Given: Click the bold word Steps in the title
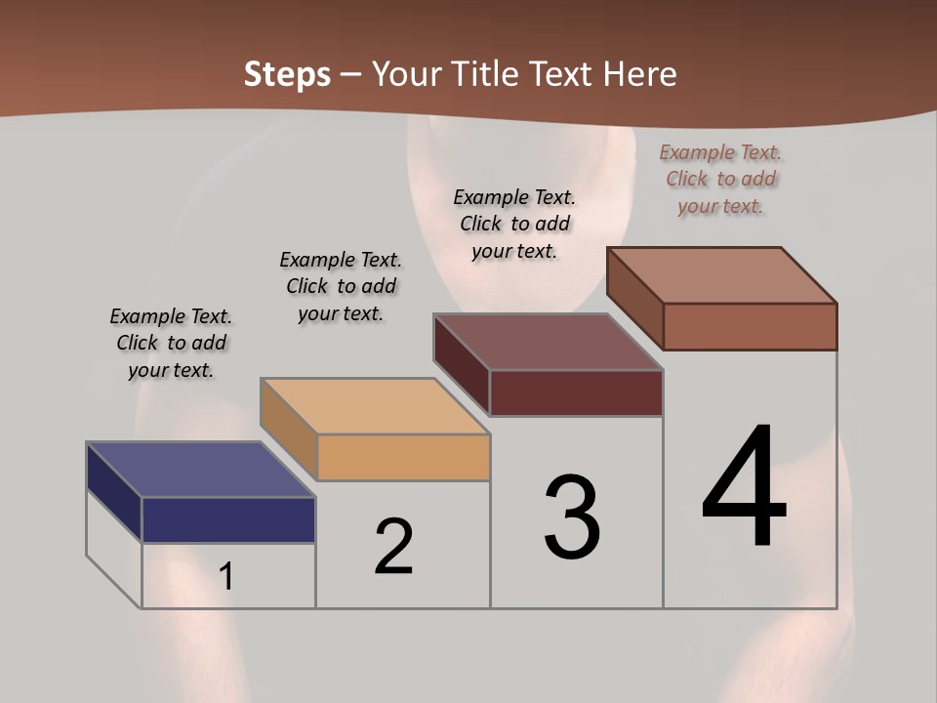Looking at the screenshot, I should click(287, 74).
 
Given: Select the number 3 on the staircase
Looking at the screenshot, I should click(572, 517).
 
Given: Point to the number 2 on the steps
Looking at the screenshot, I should click(394, 547).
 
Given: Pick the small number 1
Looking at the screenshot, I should click(226, 576).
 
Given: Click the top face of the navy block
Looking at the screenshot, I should click(200, 470).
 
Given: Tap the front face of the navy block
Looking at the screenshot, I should click(228, 519).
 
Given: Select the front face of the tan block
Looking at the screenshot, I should click(403, 457).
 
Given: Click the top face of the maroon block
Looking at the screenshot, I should click(549, 342).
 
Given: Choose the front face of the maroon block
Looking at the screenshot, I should click(576, 393).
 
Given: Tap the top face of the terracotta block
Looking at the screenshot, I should click(722, 275).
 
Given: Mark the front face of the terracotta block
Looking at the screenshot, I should click(750, 326).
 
